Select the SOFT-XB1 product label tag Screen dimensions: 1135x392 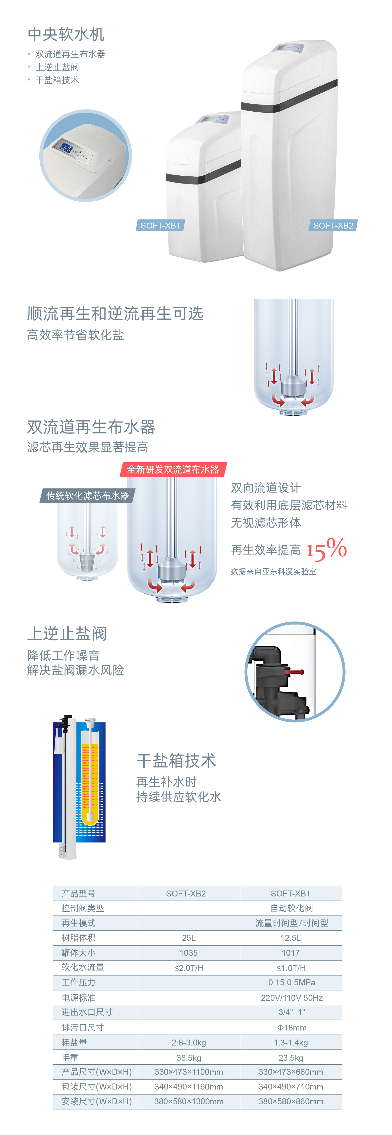(160, 226)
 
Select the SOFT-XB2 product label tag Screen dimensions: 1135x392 (333, 226)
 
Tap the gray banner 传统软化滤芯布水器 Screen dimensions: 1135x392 (88, 496)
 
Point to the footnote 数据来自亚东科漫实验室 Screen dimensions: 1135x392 (273, 572)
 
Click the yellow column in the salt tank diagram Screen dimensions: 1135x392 (90, 780)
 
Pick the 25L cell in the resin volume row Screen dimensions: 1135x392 (188, 938)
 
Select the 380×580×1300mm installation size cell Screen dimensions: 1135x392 (188, 1101)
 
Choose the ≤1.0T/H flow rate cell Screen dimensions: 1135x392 (291, 968)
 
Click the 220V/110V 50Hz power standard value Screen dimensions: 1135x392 (291, 998)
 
